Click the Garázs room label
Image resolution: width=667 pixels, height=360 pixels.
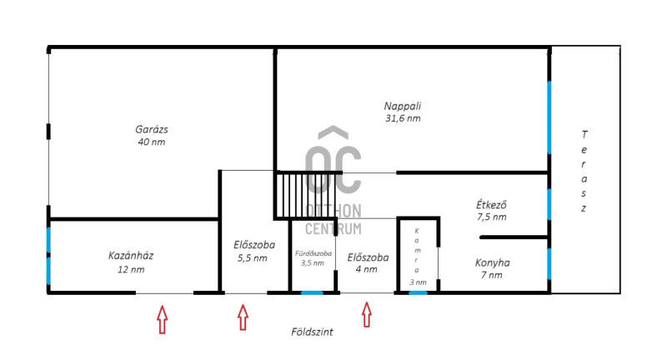(x=152, y=129)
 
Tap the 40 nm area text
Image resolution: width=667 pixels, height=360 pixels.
(x=152, y=142)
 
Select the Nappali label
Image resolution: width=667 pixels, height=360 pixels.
(x=403, y=106)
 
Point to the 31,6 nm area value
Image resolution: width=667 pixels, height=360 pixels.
(x=403, y=118)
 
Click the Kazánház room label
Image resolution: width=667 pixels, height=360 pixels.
(x=131, y=256)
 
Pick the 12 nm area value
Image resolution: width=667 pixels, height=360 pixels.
(x=131, y=269)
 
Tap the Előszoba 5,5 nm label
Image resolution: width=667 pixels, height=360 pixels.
(x=254, y=251)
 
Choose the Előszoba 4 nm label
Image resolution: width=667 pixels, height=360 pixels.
(x=368, y=263)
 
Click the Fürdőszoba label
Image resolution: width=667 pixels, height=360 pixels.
(x=313, y=253)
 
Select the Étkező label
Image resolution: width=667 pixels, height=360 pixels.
(x=491, y=205)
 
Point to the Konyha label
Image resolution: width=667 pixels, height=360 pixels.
(x=492, y=262)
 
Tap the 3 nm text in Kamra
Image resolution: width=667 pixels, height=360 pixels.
(x=418, y=282)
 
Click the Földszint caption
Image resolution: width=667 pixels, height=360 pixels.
(x=312, y=332)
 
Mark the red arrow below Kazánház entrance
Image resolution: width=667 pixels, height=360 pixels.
(x=162, y=319)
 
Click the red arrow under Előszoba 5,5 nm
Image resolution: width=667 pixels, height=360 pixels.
(x=243, y=317)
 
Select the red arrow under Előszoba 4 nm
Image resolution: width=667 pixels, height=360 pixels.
(x=367, y=314)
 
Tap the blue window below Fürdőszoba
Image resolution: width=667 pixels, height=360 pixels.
(x=312, y=292)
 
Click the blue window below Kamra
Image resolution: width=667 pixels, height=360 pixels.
(x=418, y=292)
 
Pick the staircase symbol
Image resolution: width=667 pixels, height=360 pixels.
(x=305, y=195)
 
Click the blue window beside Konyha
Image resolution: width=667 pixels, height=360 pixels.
(x=549, y=263)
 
